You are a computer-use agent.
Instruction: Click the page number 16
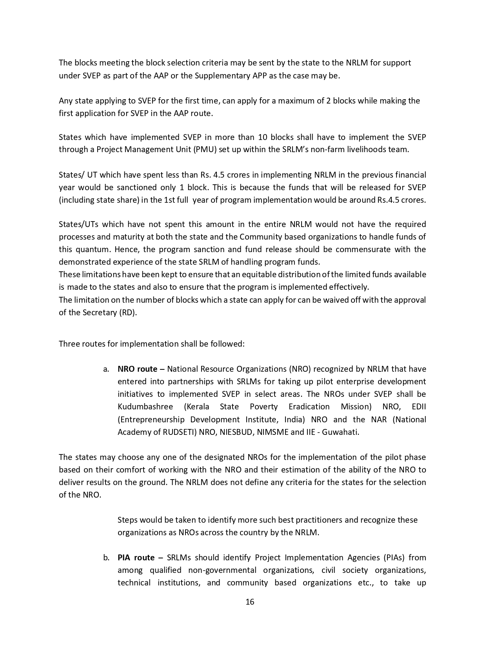[x=250, y=602]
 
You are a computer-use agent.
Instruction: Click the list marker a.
[x=106, y=369]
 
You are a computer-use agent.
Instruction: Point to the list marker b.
[x=106, y=558]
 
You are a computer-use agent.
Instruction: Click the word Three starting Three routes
[x=69, y=344]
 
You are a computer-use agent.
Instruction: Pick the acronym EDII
[x=418, y=407]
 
